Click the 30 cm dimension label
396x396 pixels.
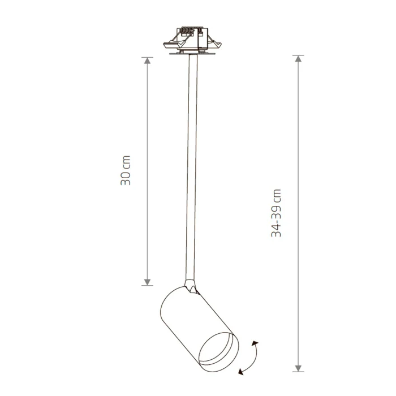click(126, 170)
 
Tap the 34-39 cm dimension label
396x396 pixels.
click(276, 213)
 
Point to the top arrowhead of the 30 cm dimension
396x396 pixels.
click(147, 61)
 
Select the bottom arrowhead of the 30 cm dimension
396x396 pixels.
click(147, 282)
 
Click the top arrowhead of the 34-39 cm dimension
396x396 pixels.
click(298, 59)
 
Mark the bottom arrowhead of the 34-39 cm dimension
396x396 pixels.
click(298, 368)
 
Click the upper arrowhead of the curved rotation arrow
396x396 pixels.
click(255, 343)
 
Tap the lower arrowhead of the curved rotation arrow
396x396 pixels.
click(241, 371)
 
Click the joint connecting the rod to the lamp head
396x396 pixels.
click(191, 286)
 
